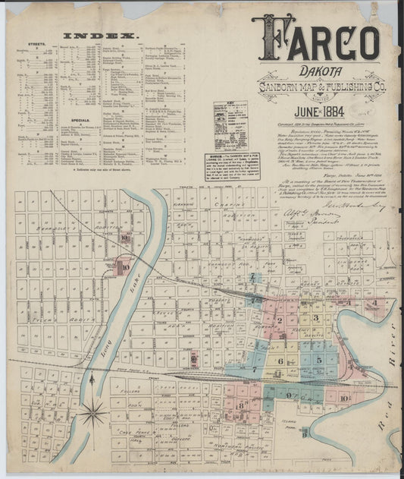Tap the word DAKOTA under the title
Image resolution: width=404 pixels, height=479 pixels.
click(x=318, y=68)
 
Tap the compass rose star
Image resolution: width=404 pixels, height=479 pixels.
click(x=93, y=414)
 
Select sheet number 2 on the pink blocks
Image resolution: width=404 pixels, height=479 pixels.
click(x=280, y=320)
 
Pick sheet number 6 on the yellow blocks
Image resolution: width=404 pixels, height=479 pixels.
click(x=280, y=361)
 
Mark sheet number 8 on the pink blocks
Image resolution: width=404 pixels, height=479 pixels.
click(x=241, y=404)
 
